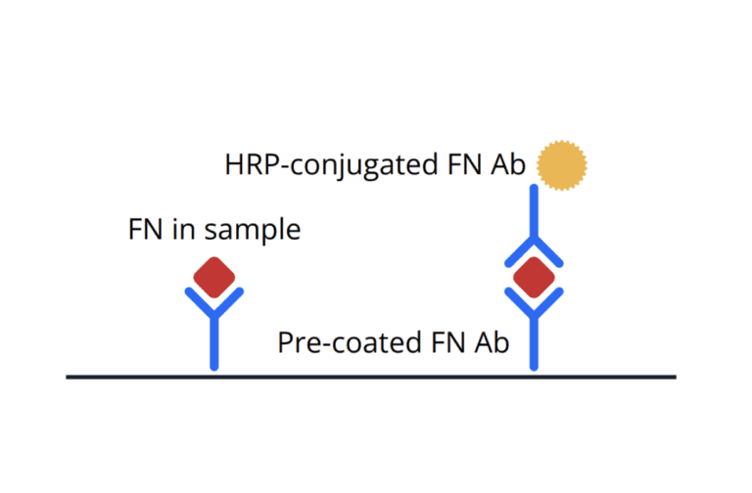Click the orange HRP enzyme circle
pos(562,165)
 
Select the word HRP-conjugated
pos(331,165)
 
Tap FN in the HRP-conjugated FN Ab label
pos(464,164)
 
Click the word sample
pos(253,231)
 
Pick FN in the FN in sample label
pos(145,229)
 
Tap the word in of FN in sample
pos(184,229)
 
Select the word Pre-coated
pos(350,342)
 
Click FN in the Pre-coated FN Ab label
pos(447,342)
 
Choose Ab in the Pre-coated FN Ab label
pos(492,341)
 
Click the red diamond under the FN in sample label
pos(214,278)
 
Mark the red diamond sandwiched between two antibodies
pos(534,278)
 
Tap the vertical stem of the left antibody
pos(214,341)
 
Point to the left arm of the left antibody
pos(200,302)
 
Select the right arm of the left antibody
pos(229,302)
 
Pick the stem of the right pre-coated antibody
pos(534,341)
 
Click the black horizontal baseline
pos(371,377)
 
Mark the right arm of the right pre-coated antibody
pos(548,302)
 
